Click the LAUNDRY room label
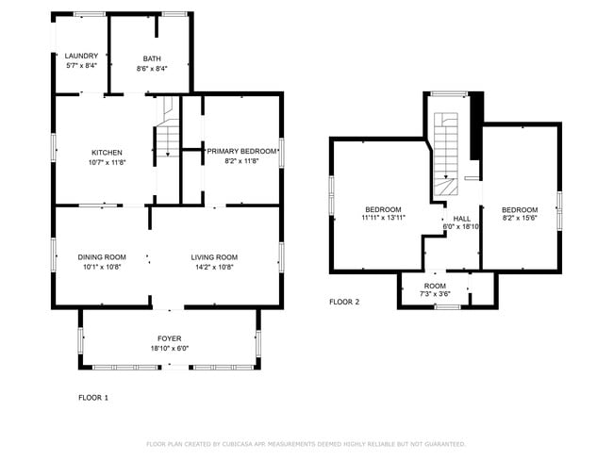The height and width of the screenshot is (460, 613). tap(81, 56)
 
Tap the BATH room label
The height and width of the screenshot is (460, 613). tap(152, 57)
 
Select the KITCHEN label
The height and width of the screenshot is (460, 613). tap(107, 152)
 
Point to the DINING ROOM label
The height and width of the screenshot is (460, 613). tap(101, 256)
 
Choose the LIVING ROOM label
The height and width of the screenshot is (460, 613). tap(214, 256)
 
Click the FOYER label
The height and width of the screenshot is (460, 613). tap(170, 337)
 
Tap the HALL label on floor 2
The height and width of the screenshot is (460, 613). tap(461, 218)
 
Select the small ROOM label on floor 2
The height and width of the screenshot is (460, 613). tap(435, 286)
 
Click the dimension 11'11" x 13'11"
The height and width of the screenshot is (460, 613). tap(383, 218)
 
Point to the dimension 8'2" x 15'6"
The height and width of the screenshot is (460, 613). tap(520, 218)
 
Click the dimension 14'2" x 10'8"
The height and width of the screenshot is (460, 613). tap(214, 266)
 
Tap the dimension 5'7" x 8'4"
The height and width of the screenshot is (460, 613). tap(81, 65)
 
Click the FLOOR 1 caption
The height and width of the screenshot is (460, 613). tap(92, 398)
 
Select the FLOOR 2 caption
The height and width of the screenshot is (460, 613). tap(343, 303)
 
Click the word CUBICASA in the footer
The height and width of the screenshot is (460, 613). tap(242, 444)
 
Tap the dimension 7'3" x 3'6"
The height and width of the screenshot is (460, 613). tap(435, 294)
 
